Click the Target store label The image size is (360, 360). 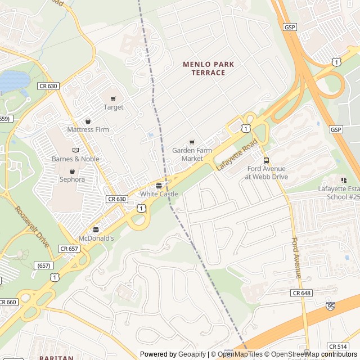tap(113, 107)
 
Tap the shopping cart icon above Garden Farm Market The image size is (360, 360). tap(192, 142)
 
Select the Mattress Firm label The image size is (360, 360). tap(88, 129)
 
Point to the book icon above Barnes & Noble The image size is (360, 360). tap(75, 150)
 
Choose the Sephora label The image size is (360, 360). tap(72, 179)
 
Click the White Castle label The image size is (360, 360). tap(159, 194)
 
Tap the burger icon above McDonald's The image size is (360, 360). tap(96, 229)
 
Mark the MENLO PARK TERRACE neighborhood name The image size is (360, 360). tap(208, 69)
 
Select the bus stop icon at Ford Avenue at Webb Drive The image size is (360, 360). tap(266, 160)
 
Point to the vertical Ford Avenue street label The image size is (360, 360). tap(296, 258)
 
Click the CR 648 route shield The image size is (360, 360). tap(301, 293)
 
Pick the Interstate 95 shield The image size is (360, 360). tap(330, 307)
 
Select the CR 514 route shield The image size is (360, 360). tap(337, 346)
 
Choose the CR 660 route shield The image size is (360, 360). tap(8, 302)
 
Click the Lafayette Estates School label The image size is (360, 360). tap(339, 192)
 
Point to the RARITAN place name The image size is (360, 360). tap(56, 357)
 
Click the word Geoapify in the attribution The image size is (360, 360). tap(193, 354)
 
